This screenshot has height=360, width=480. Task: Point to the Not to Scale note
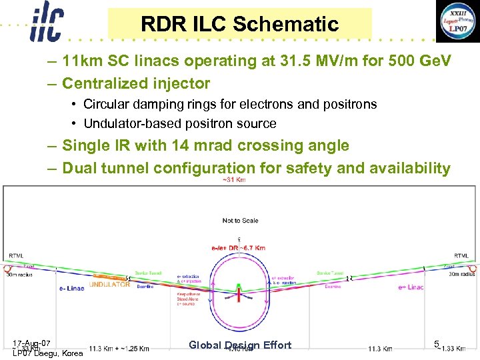coord(241,221)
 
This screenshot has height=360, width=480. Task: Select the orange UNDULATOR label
coord(110,284)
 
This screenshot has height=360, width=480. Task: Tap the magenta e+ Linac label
coord(411,287)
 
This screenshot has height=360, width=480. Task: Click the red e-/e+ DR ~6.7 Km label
coord(238,248)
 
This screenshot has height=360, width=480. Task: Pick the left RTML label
coord(15,256)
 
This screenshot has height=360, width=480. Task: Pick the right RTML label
coord(461,255)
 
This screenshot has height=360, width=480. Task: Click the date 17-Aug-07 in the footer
coord(31,343)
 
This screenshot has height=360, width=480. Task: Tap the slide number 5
coord(436,344)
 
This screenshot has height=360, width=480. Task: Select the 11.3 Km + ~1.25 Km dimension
coord(119,349)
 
